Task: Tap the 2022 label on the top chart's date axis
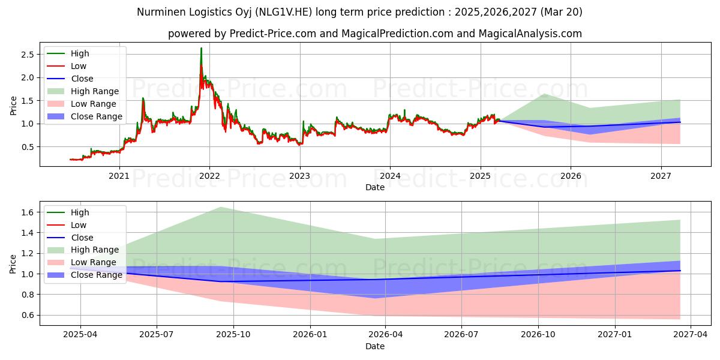click(209, 176)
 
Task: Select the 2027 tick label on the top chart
click(661, 176)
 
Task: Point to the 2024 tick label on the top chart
click(390, 176)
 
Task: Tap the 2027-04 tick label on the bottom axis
click(691, 335)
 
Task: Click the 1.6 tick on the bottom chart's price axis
click(28, 212)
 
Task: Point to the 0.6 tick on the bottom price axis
click(28, 315)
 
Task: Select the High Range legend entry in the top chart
click(95, 91)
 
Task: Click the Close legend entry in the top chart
click(82, 79)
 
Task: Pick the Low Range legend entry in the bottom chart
click(94, 262)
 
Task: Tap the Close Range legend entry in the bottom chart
click(96, 275)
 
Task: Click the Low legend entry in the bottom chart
click(79, 225)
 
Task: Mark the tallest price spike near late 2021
click(201, 48)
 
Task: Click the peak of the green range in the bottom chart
click(220, 207)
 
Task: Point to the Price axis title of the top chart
click(13, 106)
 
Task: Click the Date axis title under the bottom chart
click(375, 346)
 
